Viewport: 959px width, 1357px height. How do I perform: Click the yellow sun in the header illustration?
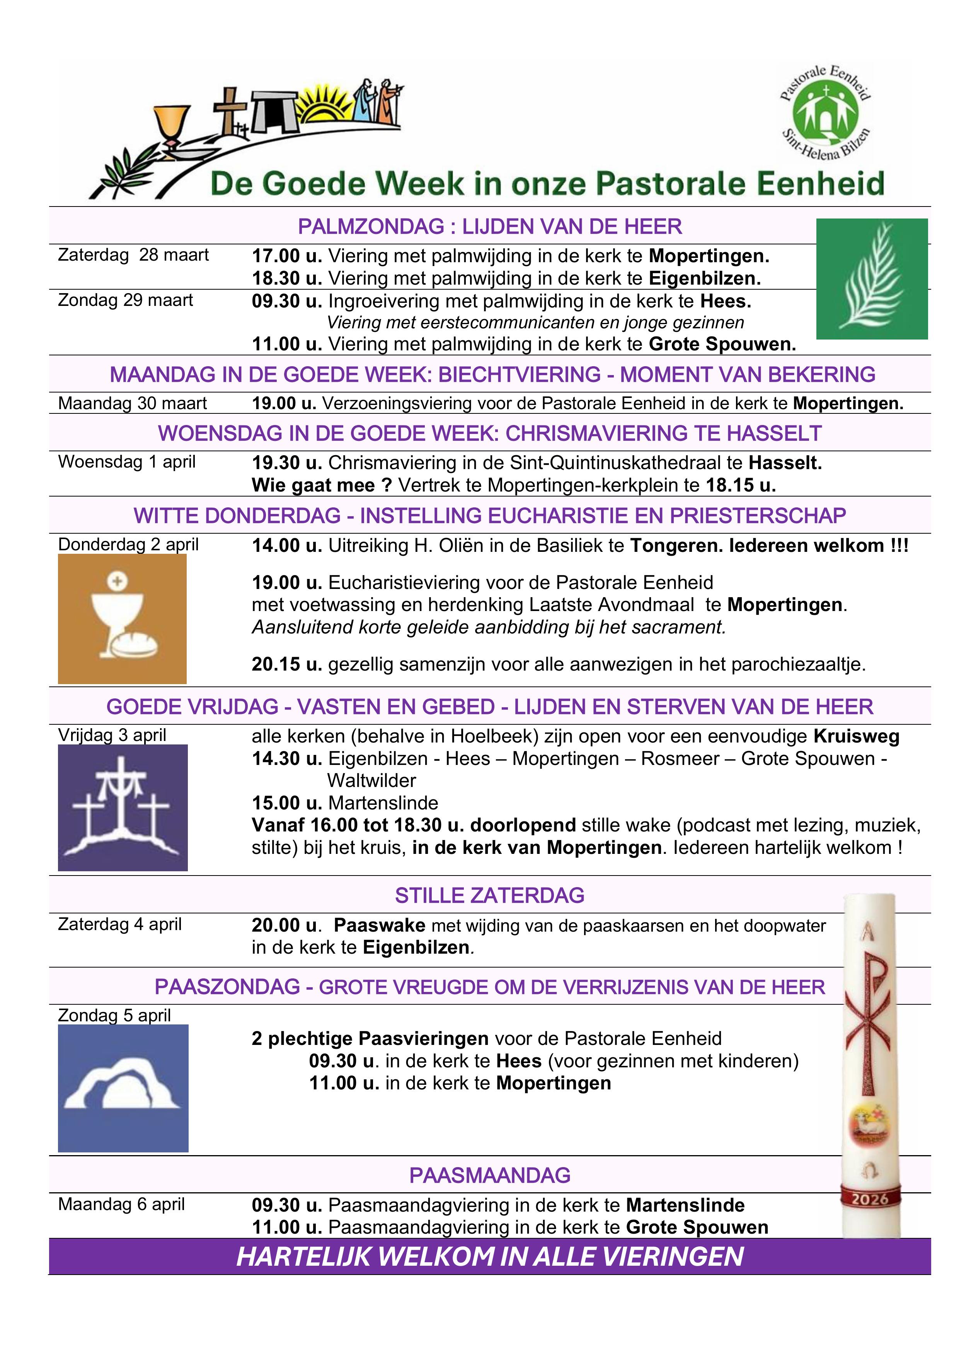pyautogui.click(x=323, y=104)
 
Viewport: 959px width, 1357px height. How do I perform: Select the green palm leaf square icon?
pyautogui.click(x=872, y=279)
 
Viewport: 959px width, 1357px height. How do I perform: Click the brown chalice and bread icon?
pyautogui.click(x=122, y=618)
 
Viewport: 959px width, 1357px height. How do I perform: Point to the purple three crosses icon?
pyautogui.click(x=122, y=807)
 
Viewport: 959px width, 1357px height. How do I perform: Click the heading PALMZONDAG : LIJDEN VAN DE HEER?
pyautogui.click(x=490, y=226)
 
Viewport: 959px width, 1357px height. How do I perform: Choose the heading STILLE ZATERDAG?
pyautogui.click(x=489, y=895)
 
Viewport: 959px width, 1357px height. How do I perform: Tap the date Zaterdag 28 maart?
pyautogui.click(x=133, y=255)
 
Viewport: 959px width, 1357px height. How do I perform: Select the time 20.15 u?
pyautogui.click(x=286, y=664)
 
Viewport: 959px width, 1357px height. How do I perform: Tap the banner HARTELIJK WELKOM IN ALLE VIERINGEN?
pyautogui.click(x=490, y=1256)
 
